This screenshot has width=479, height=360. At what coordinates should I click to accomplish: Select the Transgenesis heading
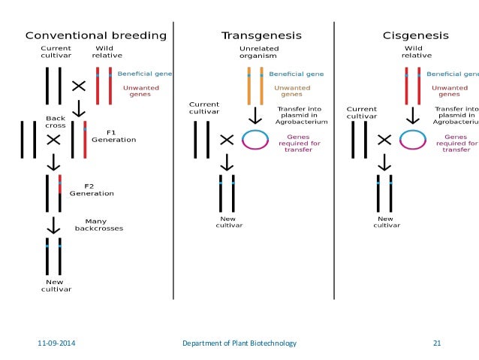pyautogui.click(x=251, y=35)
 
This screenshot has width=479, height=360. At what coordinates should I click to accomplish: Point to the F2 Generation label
pyautogui.click(x=92, y=189)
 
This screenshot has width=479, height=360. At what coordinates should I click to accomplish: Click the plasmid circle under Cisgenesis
pyautogui.click(x=413, y=140)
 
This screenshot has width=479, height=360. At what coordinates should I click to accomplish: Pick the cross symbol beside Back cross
pyautogui.click(x=53, y=139)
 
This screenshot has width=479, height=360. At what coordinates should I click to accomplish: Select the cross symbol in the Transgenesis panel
pyautogui.click(x=226, y=140)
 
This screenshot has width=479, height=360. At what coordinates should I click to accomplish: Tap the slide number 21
pyautogui.click(x=437, y=343)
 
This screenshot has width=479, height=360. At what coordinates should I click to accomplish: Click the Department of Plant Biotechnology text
pyautogui.click(x=239, y=343)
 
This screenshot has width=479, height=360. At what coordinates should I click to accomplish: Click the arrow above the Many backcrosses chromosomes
pyautogui.click(x=53, y=225)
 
